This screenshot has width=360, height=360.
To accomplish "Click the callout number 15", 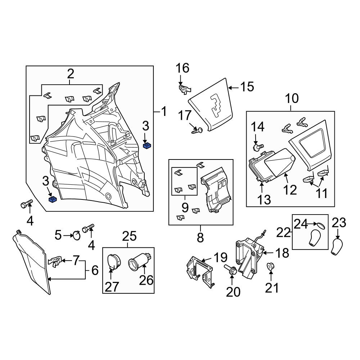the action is click(247, 87).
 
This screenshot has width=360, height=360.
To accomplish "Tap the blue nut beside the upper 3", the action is click(147, 145).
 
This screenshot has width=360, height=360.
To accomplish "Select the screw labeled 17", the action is click(197, 131).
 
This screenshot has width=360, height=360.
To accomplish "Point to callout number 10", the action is click(292, 98).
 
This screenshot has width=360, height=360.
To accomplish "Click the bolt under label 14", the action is click(258, 147).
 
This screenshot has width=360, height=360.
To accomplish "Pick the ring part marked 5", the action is click(76, 235).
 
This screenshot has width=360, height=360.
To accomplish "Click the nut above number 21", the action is click(271, 266).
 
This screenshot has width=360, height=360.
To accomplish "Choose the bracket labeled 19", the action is click(199, 271).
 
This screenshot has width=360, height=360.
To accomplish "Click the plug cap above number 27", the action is click(114, 261).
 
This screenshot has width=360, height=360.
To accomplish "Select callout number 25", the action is click(129, 236).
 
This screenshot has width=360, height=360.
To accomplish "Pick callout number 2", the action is click(71, 74).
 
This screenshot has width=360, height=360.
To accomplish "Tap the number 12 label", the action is click(290, 190).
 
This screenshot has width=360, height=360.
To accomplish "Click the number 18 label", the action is click(282, 253).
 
